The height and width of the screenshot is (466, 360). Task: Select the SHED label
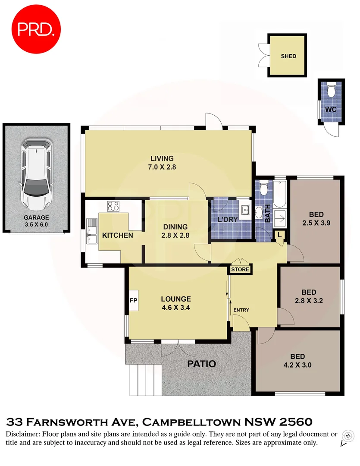pyautogui.click(x=288, y=56)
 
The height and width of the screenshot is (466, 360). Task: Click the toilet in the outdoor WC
pyautogui.click(x=331, y=91)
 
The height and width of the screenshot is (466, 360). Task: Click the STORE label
pyautogui.click(x=240, y=270)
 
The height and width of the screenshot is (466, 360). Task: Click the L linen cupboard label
pyautogui.click(x=280, y=234)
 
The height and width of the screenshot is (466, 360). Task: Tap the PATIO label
pyautogui.click(x=201, y=364)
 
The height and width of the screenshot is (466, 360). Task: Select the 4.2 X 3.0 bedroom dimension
pyautogui.click(x=297, y=365)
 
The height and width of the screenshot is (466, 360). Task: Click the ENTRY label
pyautogui.click(x=241, y=310)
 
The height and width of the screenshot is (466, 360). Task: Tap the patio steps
pyautogui.click(x=145, y=380)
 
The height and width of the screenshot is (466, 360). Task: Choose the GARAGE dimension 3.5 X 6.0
pyautogui.click(x=36, y=225)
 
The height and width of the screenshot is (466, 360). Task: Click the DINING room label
pyautogui.click(x=175, y=227)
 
